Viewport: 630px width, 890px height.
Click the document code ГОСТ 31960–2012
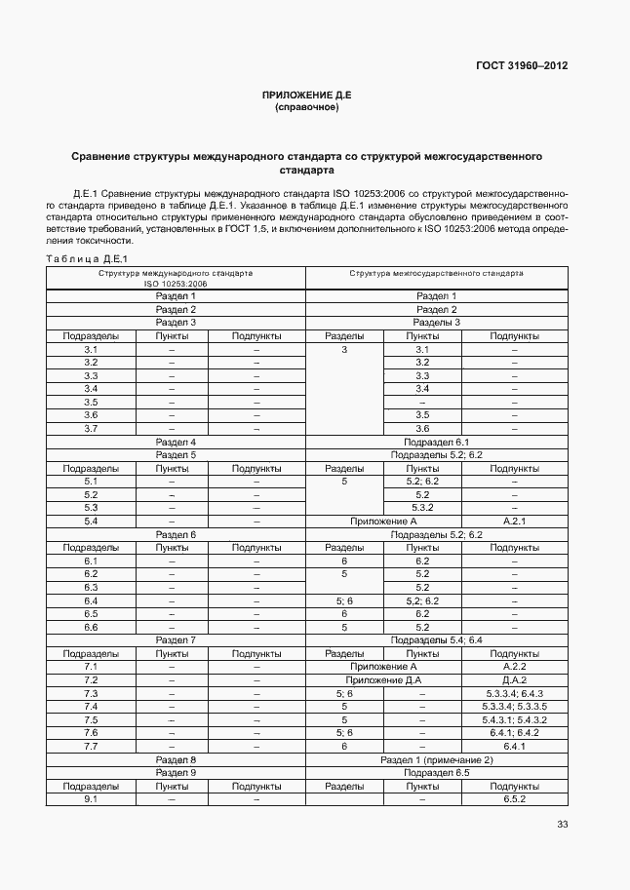click(521, 66)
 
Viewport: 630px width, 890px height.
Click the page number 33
click(562, 825)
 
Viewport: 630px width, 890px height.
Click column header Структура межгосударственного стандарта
click(436, 274)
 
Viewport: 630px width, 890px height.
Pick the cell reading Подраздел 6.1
click(436, 442)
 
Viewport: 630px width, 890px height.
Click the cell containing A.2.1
click(514, 522)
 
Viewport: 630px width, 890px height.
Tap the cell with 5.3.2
click(422, 508)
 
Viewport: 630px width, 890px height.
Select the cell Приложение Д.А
click(383, 679)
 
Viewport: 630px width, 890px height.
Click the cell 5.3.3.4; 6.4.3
click(514, 693)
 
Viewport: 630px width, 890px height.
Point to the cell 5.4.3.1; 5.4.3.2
click(514, 719)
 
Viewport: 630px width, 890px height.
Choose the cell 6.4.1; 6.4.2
click(514, 732)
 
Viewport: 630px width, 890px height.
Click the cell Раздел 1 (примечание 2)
click(436, 759)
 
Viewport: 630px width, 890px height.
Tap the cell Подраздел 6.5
click(436, 772)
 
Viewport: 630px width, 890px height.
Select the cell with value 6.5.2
click(514, 799)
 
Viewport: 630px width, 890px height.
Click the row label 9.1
click(91, 799)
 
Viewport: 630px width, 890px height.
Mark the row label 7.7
click(91, 746)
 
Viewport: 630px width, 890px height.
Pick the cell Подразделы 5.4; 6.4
click(436, 640)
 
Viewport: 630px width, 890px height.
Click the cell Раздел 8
click(177, 759)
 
